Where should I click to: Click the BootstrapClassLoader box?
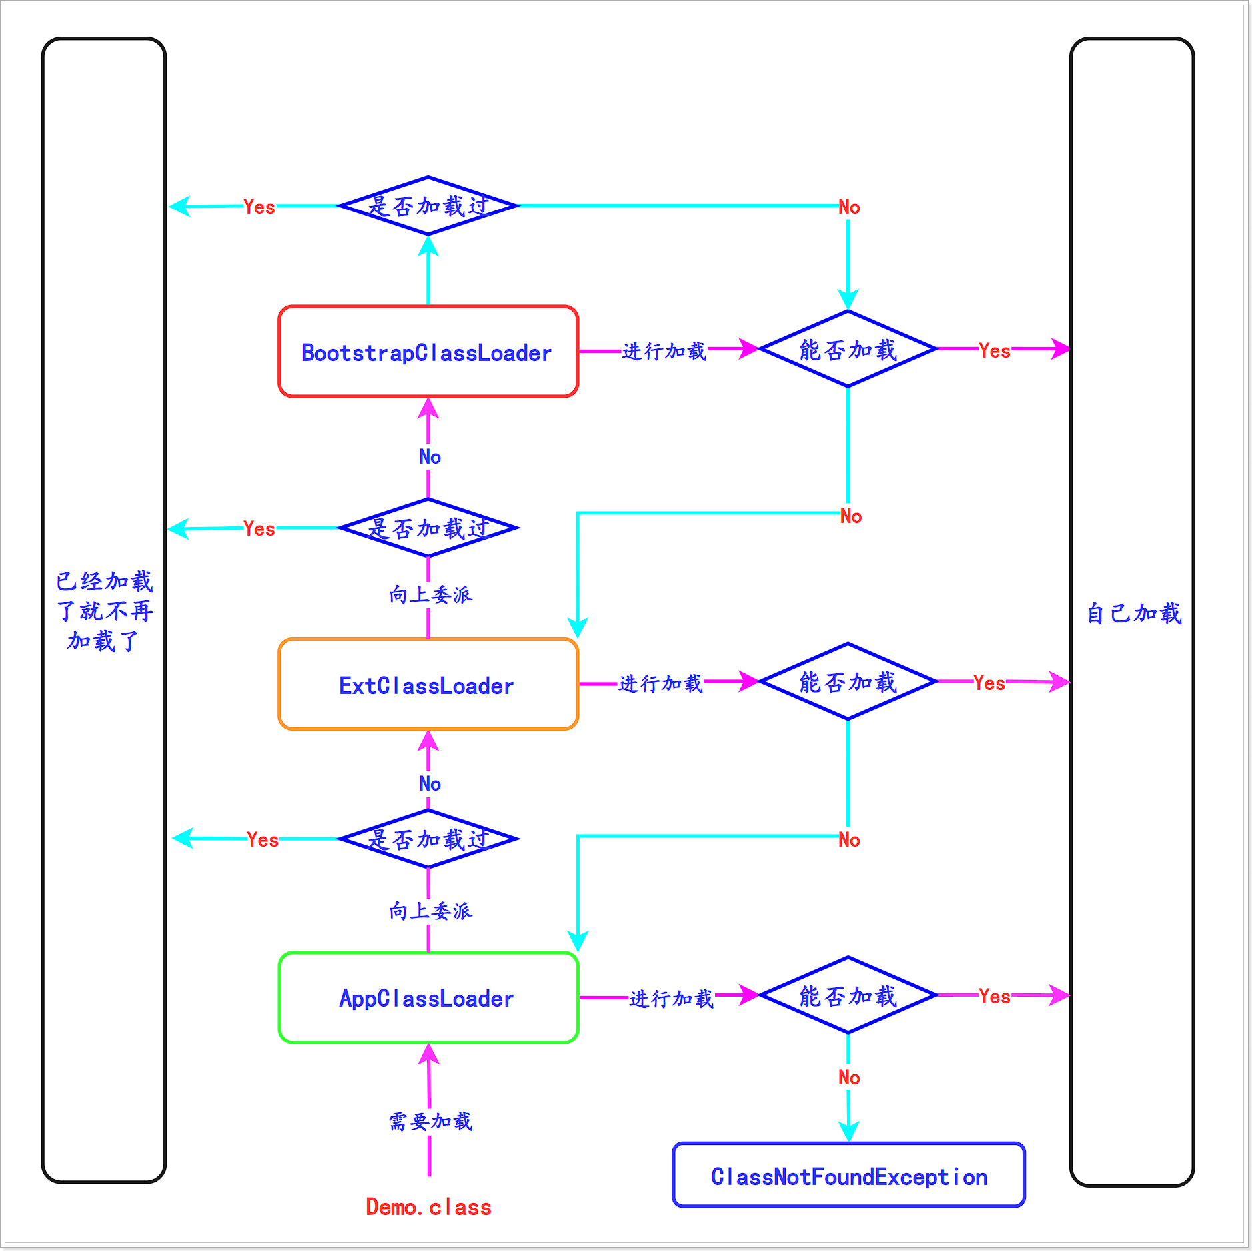tap(428, 352)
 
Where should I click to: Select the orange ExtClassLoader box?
tap(428, 685)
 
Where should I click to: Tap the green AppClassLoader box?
tap(428, 997)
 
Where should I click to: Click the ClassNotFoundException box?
tap(848, 1176)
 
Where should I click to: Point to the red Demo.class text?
tap(428, 1206)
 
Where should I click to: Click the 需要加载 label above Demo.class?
tap(430, 1121)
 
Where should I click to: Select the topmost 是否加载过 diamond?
tap(428, 206)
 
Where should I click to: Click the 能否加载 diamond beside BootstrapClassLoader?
tap(848, 349)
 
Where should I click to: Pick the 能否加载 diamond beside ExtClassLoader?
tap(848, 681)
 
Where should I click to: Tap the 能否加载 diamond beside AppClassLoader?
tap(848, 995)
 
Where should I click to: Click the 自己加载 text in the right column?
tap(1133, 613)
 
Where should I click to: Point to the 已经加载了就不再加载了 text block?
tap(104, 611)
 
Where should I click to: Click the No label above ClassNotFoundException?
tap(848, 1077)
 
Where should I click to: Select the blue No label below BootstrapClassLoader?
tap(430, 456)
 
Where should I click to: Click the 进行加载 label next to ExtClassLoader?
tap(660, 683)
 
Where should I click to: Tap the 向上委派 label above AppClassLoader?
tap(430, 910)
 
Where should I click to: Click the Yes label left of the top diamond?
tap(259, 207)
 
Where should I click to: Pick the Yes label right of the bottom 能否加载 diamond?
tap(994, 996)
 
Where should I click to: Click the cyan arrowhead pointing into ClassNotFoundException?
tap(848, 1132)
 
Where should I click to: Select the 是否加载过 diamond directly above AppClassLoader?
tap(428, 839)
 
